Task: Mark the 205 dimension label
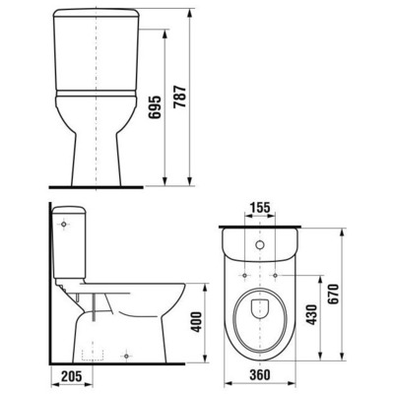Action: (x=70, y=376)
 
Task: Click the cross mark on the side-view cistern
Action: (x=65, y=226)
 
